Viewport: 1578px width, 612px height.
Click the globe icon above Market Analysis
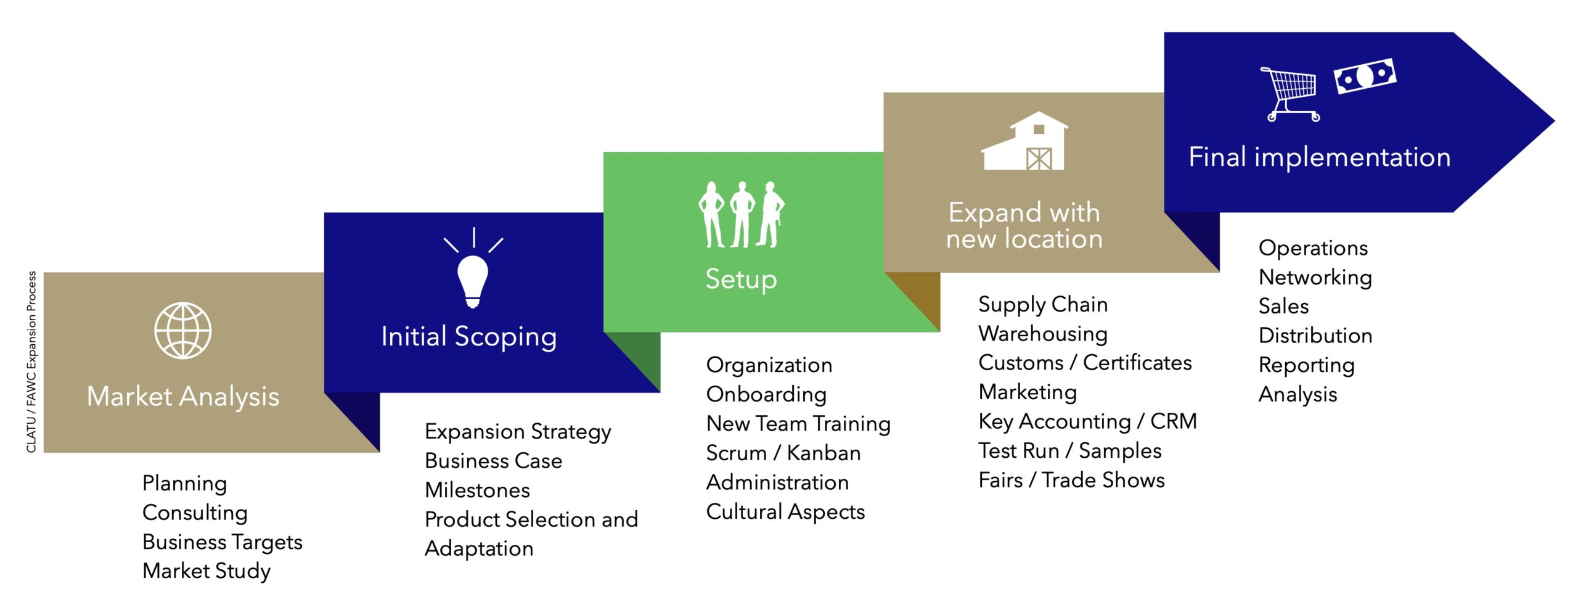pyautogui.click(x=182, y=331)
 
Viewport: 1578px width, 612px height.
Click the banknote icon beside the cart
pyautogui.click(x=1365, y=76)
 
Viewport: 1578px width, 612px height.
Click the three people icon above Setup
pyautogui.click(x=741, y=215)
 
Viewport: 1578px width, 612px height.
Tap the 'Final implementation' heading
pyautogui.click(x=1319, y=157)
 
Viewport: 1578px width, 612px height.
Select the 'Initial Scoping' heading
pyautogui.click(x=468, y=337)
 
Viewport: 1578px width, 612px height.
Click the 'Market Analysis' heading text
pyautogui.click(x=183, y=397)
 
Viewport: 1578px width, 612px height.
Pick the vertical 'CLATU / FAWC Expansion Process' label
pyautogui.click(x=31, y=362)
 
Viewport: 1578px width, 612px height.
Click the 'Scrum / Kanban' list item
pyautogui.click(x=783, y=453)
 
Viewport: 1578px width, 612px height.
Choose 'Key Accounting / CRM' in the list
pyautogui.click(x=1087, y=421)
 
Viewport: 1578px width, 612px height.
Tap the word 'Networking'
pyautogui.click(x=1315, y=277)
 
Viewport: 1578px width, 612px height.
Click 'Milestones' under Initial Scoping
pyautogui.click(x=477, y=490)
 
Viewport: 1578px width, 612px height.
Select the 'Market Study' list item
pyautogui.click(x=206, y=571)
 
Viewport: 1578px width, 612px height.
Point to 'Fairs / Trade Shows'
pyautogui.click(x=1071, y=480)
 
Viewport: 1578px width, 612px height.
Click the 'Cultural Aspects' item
pyautogui.click(x=785, y=511)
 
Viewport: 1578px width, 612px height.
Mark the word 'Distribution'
pyautogui.click(x=1315, y=336)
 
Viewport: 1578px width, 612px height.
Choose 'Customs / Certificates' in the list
pyautogui.click(x=1085, y=363)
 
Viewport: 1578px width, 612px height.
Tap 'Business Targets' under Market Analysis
pyautogui.click(x=222, y=542)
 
